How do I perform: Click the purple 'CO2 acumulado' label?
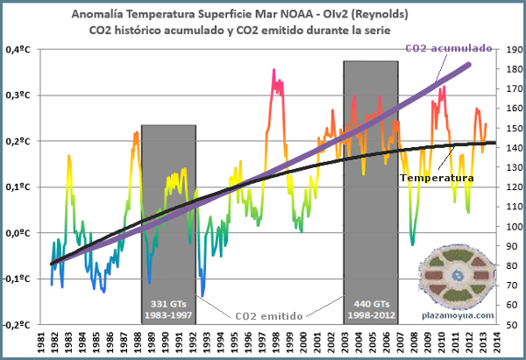448,49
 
